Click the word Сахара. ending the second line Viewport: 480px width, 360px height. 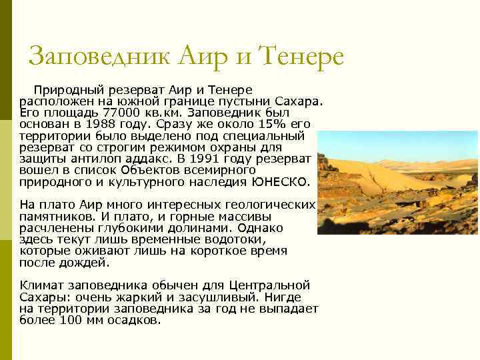[299, 101]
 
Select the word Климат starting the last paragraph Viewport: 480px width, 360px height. [41, 285]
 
